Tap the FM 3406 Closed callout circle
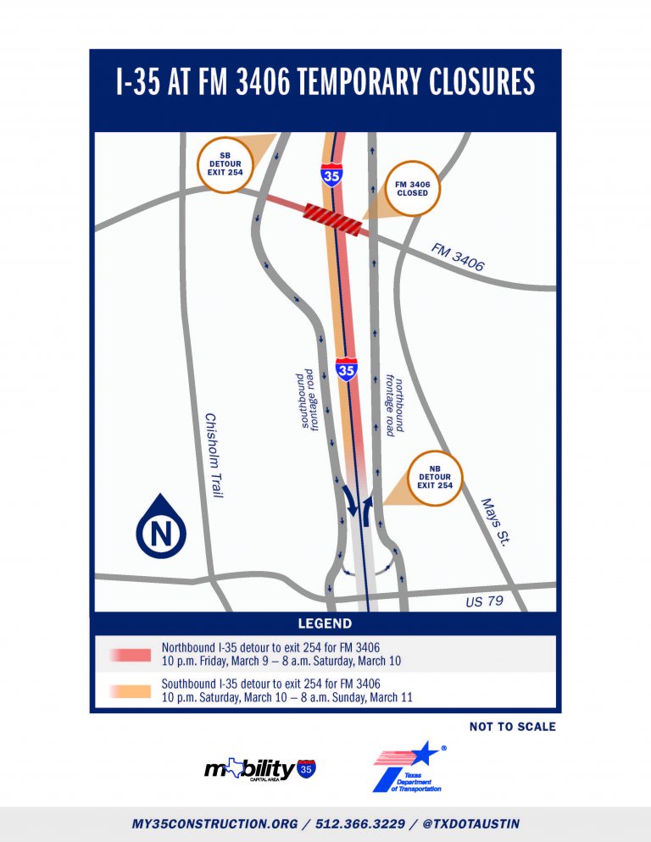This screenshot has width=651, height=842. click(412, 188)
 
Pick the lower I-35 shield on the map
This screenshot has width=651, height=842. click(346, 369)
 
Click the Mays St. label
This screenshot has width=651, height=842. click(492, 521)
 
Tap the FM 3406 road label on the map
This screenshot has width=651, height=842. click(458, 258)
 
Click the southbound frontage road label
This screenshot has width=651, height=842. click(308, 400)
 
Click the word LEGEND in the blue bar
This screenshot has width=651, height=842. click(325, 624)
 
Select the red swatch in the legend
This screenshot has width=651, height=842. click(129, 655)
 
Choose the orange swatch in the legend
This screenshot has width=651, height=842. click(129, 690)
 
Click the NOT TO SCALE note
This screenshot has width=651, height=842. click(513, 727)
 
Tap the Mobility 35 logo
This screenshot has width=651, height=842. click(262, 769)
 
